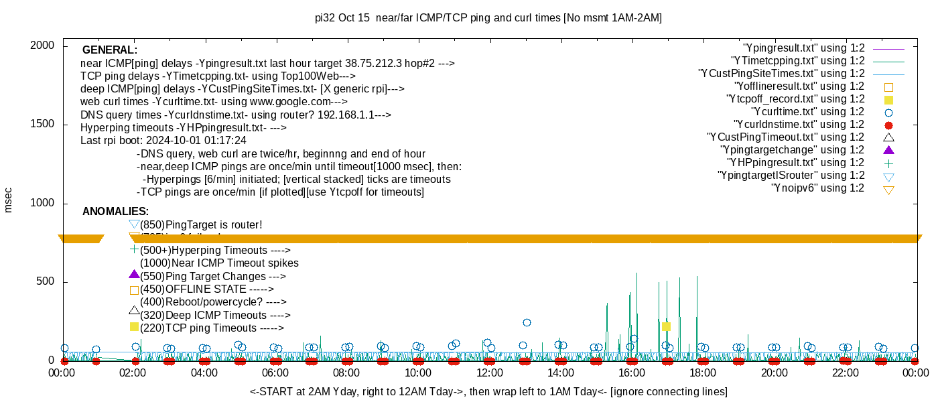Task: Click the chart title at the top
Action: [x=488, y=18]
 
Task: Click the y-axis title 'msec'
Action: [x=8, y=199]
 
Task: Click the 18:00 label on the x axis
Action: [x=703, y=373]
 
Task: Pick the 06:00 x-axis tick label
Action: [x=275, y=373]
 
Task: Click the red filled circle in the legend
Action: [x=888, y=125]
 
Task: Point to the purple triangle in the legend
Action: [x=888, y=150]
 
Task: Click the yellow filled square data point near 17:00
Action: [x=666, y=327]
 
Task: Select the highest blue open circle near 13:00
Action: [x=527, y=322]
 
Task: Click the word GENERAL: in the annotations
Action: [x=110, y=50]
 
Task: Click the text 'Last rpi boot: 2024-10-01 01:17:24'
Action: [x=163, y=141]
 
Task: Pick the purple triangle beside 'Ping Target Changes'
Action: [x=134, y=275]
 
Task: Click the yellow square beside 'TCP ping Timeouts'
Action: [x=134, y=327]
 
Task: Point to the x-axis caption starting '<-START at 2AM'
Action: [x=488, y=391]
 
